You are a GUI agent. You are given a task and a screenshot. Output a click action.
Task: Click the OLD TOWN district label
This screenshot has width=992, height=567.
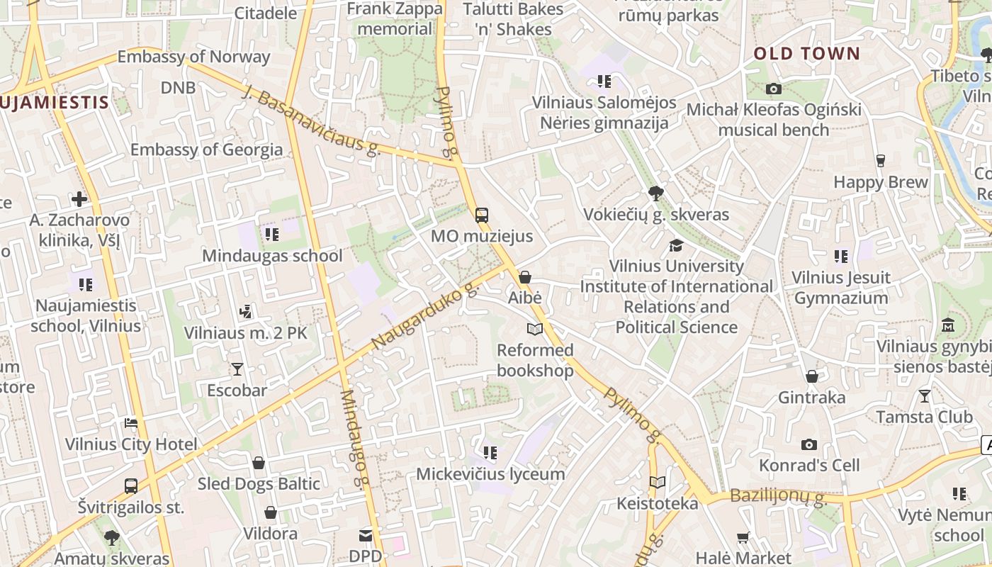(x=806, y=54)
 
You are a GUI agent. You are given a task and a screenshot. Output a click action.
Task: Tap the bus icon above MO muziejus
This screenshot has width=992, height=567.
(x=482, y=215)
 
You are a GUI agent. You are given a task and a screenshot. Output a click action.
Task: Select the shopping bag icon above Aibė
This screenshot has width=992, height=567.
(x=525, y=277)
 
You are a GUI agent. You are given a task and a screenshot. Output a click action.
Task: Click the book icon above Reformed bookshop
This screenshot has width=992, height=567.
(x=534, y=329)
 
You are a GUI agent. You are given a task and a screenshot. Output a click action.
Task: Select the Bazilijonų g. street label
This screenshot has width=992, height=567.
(x=778, y=498)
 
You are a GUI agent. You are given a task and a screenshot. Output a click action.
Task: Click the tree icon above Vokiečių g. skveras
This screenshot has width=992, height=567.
(x=656, y=193)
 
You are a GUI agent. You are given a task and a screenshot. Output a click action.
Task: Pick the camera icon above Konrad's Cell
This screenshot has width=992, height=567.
(x=808, y=444)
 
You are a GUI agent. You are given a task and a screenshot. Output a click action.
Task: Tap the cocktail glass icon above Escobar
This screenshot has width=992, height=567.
(x=237, y=369)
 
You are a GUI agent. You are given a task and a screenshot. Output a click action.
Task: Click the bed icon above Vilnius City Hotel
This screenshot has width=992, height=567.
(x=131, y=423)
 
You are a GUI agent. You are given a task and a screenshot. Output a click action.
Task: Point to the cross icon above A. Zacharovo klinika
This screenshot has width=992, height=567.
(x=79, y=198)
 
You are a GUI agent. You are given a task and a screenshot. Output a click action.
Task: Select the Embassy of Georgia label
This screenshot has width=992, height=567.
(x=206, y=150)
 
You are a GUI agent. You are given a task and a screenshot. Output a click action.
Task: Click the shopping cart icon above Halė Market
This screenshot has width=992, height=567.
(x=743, y=537)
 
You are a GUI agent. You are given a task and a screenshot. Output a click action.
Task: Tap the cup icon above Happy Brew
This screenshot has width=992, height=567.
(x=880, y=161)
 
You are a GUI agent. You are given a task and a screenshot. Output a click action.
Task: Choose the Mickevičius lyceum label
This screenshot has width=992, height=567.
(x=490, y=473)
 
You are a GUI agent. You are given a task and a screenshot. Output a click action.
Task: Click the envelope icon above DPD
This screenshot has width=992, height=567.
(x=366, y=535)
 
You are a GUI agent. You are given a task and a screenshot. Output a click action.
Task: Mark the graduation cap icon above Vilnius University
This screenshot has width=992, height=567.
(x=676, y=245)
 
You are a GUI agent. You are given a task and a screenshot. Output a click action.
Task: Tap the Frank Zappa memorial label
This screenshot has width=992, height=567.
(x=395, y=19)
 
